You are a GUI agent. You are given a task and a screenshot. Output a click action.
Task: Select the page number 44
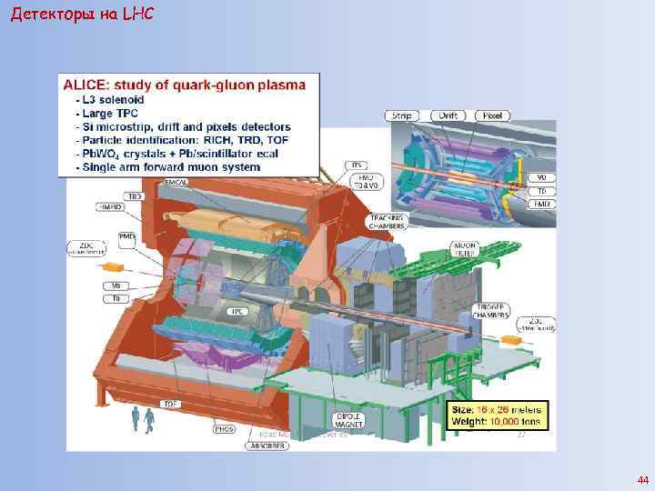[x=643, y=479]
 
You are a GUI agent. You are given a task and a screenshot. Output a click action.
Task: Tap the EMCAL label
[x=176, y=183]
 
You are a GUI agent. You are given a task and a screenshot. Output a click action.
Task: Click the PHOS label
[x=224, y=427]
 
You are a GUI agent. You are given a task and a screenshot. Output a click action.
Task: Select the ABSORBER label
[x=265, y=446]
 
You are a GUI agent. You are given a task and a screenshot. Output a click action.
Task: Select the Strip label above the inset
[x=400, y=115]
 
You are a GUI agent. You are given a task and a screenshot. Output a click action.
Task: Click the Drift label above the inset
[x=448, y=115]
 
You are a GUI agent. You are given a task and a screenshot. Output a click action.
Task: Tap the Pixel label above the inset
[x=493, y=115]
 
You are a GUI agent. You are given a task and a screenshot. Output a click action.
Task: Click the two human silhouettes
[x=143, y=419]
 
